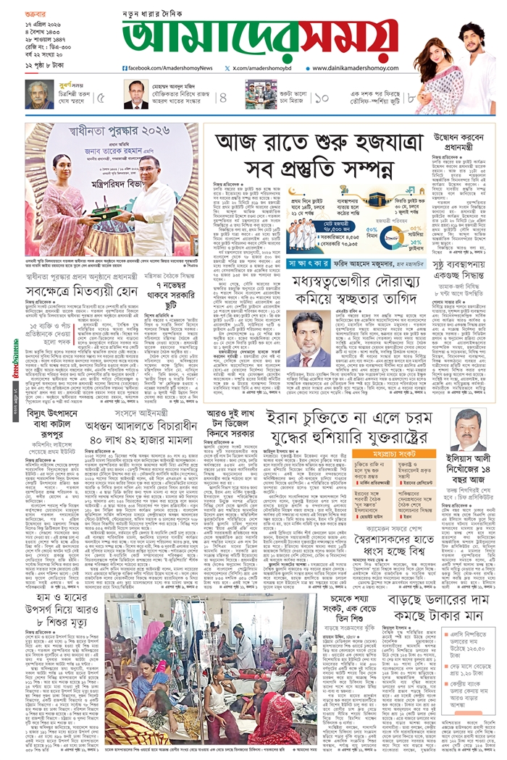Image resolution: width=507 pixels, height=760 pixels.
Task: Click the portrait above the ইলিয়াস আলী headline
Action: pos(469,429)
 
